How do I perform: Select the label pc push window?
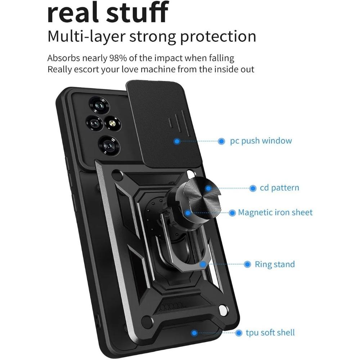[261, 140]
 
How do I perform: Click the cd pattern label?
[279, 188]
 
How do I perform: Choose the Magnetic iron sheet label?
[275, 212]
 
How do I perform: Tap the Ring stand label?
[275, 264]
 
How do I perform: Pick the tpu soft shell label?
[270, 333]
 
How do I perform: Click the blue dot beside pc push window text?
[221, 141]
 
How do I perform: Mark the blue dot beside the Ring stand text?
[247, 265]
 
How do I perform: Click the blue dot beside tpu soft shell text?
[238, 333]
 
